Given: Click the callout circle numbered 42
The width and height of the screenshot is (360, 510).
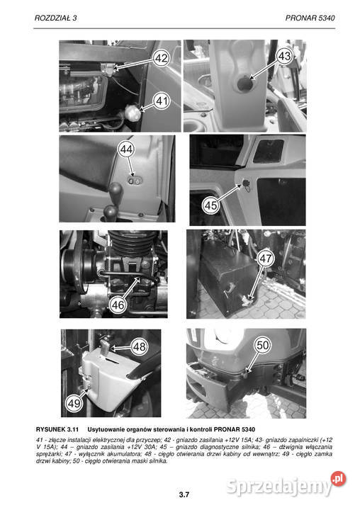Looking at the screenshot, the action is (161, 58).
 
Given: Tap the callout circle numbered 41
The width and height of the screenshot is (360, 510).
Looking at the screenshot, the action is (162, 101).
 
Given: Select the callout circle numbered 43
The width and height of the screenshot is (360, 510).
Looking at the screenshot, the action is (284, 56).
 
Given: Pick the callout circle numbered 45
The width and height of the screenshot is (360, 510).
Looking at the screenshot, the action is (210, 205).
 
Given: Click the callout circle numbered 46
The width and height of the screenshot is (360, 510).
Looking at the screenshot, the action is (118, 305).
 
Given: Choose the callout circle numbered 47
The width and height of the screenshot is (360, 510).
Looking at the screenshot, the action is (265, 259).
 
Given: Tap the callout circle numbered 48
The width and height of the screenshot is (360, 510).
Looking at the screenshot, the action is (140, 346).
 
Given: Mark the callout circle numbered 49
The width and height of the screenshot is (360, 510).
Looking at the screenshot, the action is (74, 403).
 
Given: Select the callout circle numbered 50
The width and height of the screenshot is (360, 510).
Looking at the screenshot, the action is (263, 345).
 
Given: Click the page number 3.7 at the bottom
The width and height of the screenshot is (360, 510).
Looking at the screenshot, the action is (184, 494).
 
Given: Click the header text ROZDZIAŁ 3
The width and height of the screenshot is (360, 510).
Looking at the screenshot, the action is (56, 18).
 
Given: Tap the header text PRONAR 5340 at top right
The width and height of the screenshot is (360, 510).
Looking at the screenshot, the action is (310, 18).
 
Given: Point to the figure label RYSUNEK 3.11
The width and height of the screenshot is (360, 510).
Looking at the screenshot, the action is (57, 429).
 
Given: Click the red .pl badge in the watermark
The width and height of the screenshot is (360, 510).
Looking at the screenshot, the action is (338, 479).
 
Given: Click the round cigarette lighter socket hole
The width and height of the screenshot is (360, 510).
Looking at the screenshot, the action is (244, 84).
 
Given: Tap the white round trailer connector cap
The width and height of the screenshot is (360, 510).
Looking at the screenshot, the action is (131, 112).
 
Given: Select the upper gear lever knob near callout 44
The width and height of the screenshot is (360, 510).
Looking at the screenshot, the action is (115, 191).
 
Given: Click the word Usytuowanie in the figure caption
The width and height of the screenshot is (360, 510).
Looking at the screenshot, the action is (103, 429).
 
